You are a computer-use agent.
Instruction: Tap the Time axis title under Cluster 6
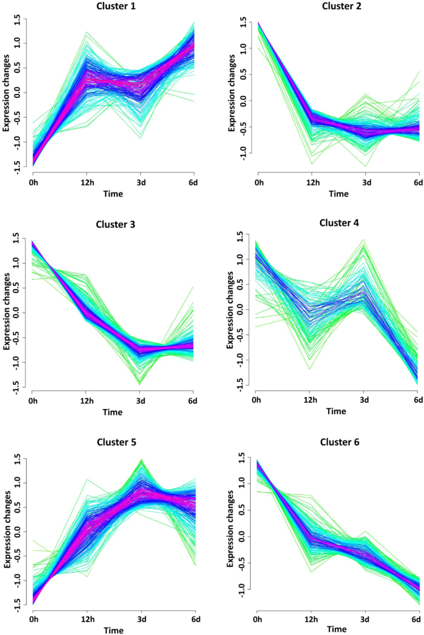coord(337,629)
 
